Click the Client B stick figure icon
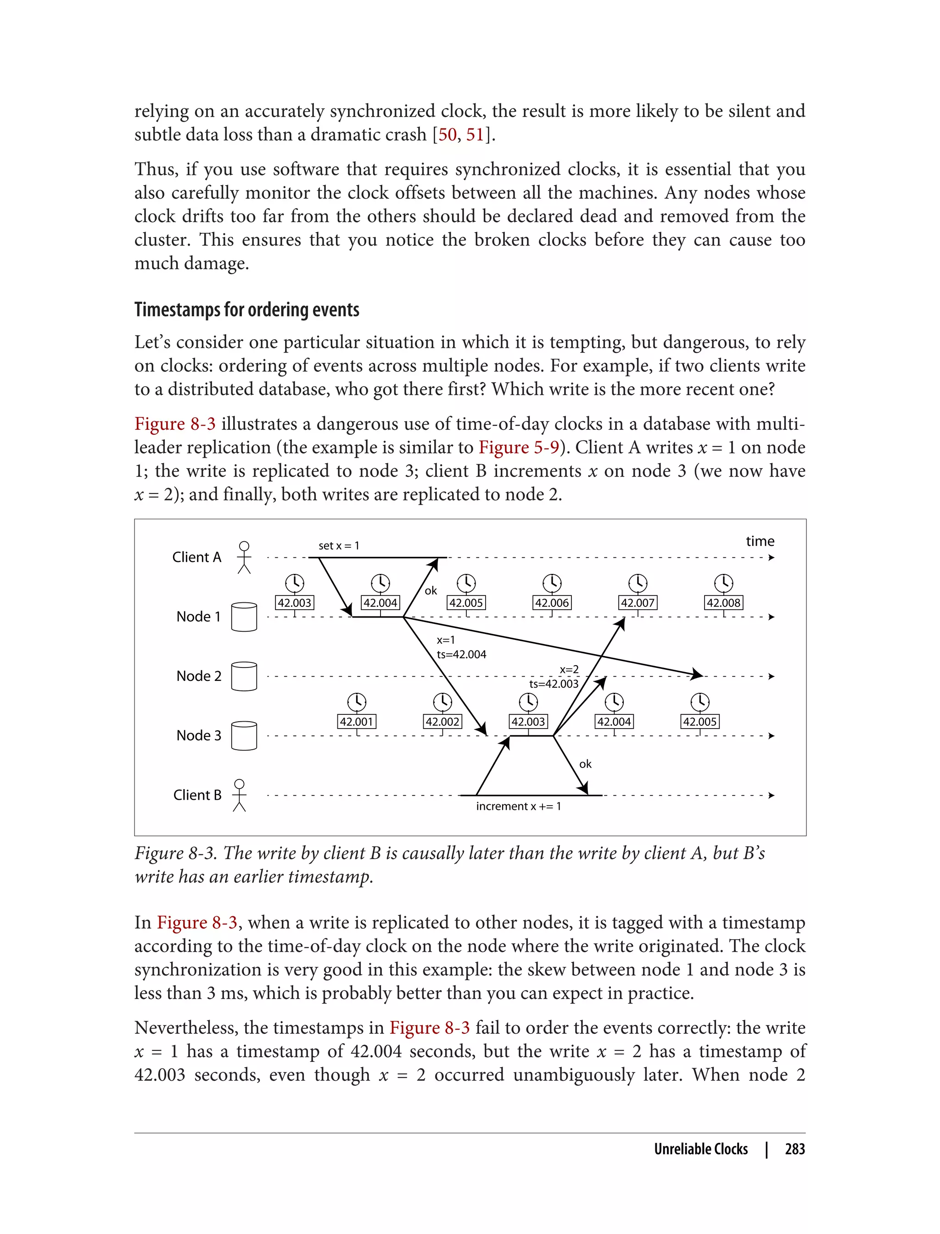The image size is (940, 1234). (x=240, y=795)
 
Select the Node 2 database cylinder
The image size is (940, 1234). (x=244, y=676)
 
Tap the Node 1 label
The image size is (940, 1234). (x=199, y=617)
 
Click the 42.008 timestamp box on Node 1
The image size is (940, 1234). (x=723, y=603)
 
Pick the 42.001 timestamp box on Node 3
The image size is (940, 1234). (x=357, y=721)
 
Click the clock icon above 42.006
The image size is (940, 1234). (x=552, y=583)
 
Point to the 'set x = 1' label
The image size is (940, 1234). (x=339, y=546)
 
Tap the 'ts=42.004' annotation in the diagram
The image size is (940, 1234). (x=462, y=654)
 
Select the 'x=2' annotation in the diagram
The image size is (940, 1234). (x=569, y=669)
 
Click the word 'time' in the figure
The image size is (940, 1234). (x=760, y=541)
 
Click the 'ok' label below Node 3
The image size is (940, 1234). (x=585, y=764)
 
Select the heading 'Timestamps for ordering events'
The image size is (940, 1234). (x=247, y=309)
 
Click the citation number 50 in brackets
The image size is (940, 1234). (x=447, y=135)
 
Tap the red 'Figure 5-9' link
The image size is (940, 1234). (x=519, y=447)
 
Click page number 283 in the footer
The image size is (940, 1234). (x=795, y=1149)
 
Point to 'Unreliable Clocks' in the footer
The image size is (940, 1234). (x=700, y=1149)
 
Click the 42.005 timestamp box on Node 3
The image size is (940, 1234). (x=700, y=721)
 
